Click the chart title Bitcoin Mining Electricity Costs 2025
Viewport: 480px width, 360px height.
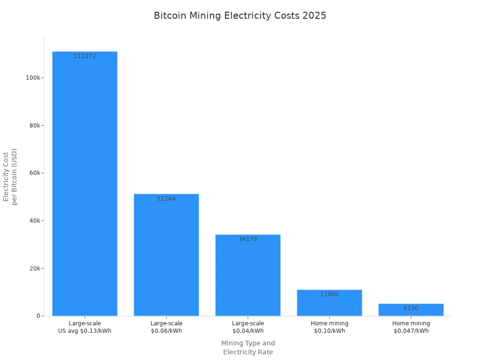(240, 15)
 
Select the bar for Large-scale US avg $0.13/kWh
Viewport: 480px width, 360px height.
(85, 183)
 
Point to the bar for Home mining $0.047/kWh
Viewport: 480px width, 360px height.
(411, 310)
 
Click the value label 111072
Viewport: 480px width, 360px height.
(85, 56)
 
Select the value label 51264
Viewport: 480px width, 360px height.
(166, 199)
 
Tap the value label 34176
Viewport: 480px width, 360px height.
(248, 239)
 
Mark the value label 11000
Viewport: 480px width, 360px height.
(330, 294)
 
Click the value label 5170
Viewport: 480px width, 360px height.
(411, 308)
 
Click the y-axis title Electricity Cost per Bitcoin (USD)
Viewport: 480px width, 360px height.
(10, 176)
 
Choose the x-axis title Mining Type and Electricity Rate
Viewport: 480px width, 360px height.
(248, 348)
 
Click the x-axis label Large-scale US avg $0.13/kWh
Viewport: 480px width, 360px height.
(85, 327)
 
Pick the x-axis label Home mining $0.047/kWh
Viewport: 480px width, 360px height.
(411, 327)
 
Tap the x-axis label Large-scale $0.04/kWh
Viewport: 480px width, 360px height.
(248, 327)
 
